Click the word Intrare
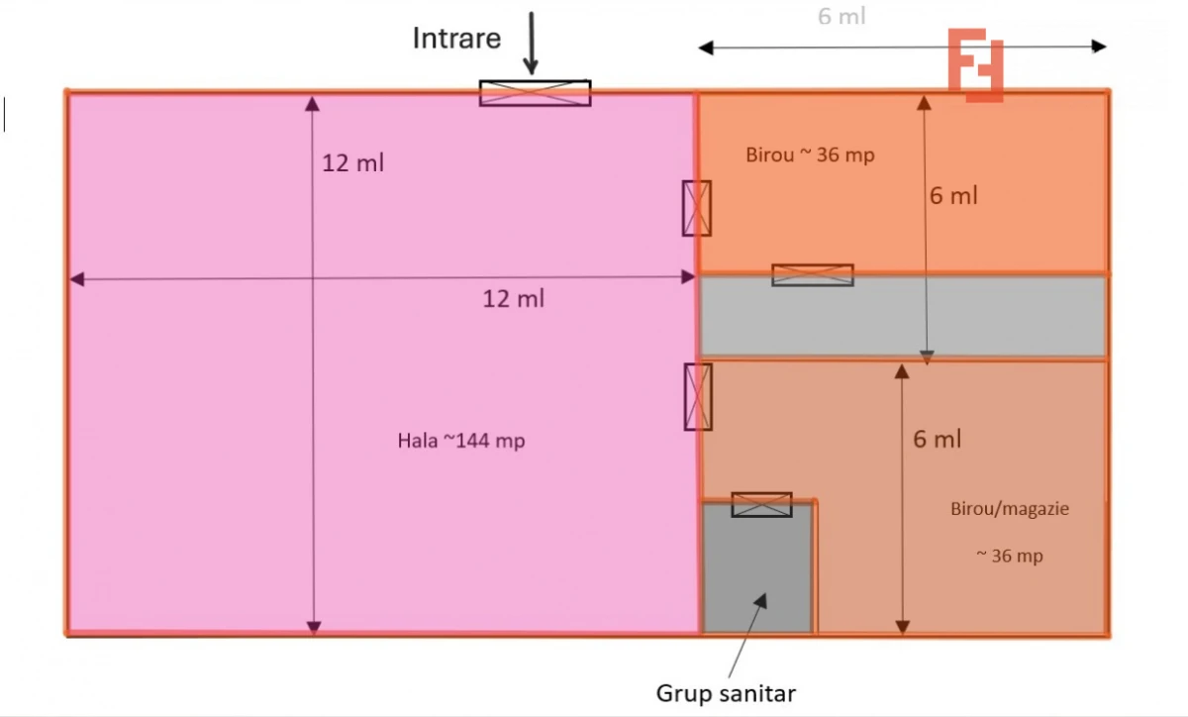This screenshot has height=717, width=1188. tap(456, 39)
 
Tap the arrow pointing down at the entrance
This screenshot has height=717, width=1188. tap(531, 44)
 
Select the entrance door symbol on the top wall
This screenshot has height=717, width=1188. tap(535, 93)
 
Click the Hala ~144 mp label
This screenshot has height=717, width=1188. tap(461, 442)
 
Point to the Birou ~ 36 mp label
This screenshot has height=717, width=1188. tap(810, 154)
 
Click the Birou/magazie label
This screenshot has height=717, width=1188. tap(1010, 509)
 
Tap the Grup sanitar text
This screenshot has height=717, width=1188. tap(726, 692)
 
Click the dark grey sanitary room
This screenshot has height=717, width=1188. tap(757, 569)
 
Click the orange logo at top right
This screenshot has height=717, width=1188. tap(976, 64)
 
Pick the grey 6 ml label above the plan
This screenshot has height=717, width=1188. tap(841, 17)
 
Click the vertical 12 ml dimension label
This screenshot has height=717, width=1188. tap(352, 163)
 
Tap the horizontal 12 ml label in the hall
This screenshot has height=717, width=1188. tap(513, 298)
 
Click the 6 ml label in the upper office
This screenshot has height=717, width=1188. tap(953, 196)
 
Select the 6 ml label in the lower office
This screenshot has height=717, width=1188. tap(937, 439)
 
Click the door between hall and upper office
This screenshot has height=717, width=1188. tap(697, 208)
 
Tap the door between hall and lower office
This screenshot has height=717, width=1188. tap(698, 396)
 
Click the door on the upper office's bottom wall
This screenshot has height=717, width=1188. tap(813, 275)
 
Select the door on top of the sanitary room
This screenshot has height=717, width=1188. tap(761, 504)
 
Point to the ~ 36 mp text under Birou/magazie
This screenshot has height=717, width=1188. tap(1010, 557)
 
